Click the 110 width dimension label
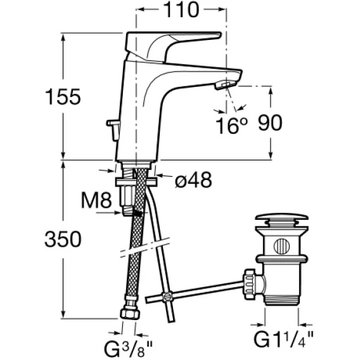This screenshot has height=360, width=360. point(181,10)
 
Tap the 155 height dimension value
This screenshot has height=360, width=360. point(63,97)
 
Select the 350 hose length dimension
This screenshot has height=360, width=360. point(63,239)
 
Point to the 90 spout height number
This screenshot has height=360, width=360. point(270,122)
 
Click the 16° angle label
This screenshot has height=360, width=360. point(232,125)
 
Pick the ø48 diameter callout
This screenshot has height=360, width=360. point(193,180)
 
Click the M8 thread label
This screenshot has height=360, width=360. point(96,200)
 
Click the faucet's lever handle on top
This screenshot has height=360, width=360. point(172,46)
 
